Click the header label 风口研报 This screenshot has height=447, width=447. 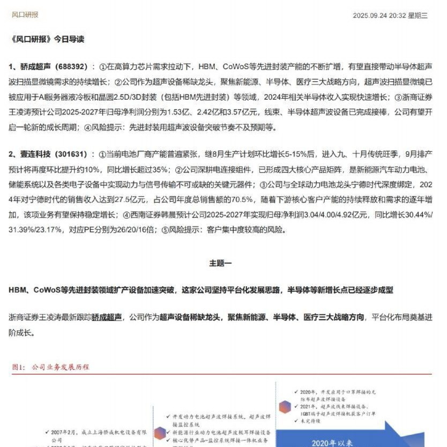point(25,15)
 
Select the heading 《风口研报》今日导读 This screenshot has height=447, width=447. point(47,39)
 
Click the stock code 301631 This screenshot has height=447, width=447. point(71,154)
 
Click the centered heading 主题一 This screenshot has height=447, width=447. point(220,263)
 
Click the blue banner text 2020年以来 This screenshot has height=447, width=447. point(331,443)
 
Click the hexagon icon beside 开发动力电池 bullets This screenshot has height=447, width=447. point(159,433)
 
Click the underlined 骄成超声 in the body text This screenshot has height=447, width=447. point(107,317)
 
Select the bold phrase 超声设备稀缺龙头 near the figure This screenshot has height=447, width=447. point(191,317)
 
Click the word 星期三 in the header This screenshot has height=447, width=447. point(418,16)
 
